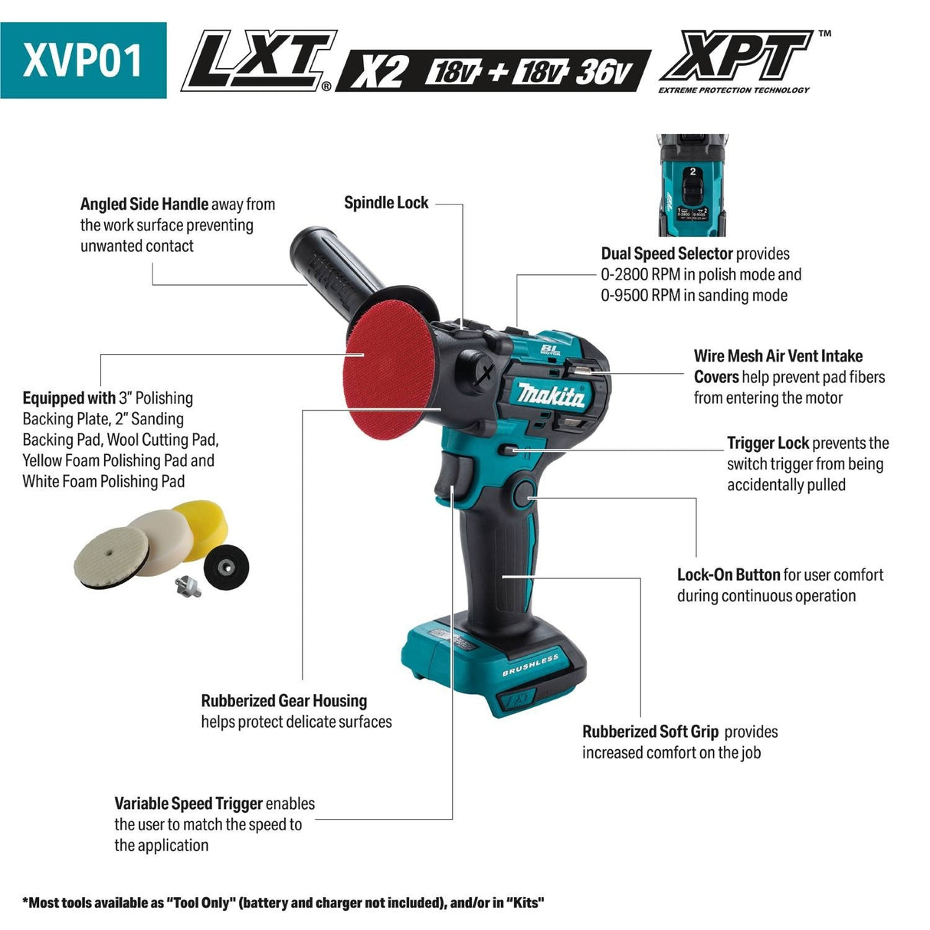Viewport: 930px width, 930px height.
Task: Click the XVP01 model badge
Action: [83, 60]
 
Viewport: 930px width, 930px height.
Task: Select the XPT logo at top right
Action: [735, 57]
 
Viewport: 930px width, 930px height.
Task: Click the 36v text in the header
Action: [604, 72]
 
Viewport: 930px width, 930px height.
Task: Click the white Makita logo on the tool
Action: [551, 394]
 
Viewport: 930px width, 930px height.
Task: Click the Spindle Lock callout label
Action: [386, 203]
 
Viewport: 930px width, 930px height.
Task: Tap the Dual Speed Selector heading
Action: [666, 254]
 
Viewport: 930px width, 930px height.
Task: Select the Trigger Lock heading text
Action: [768, 443]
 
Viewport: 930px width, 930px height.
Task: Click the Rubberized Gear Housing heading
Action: [283, 700]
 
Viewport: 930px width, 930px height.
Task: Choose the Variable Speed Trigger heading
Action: [188, 804]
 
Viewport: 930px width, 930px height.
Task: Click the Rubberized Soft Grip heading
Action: [650, 732]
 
